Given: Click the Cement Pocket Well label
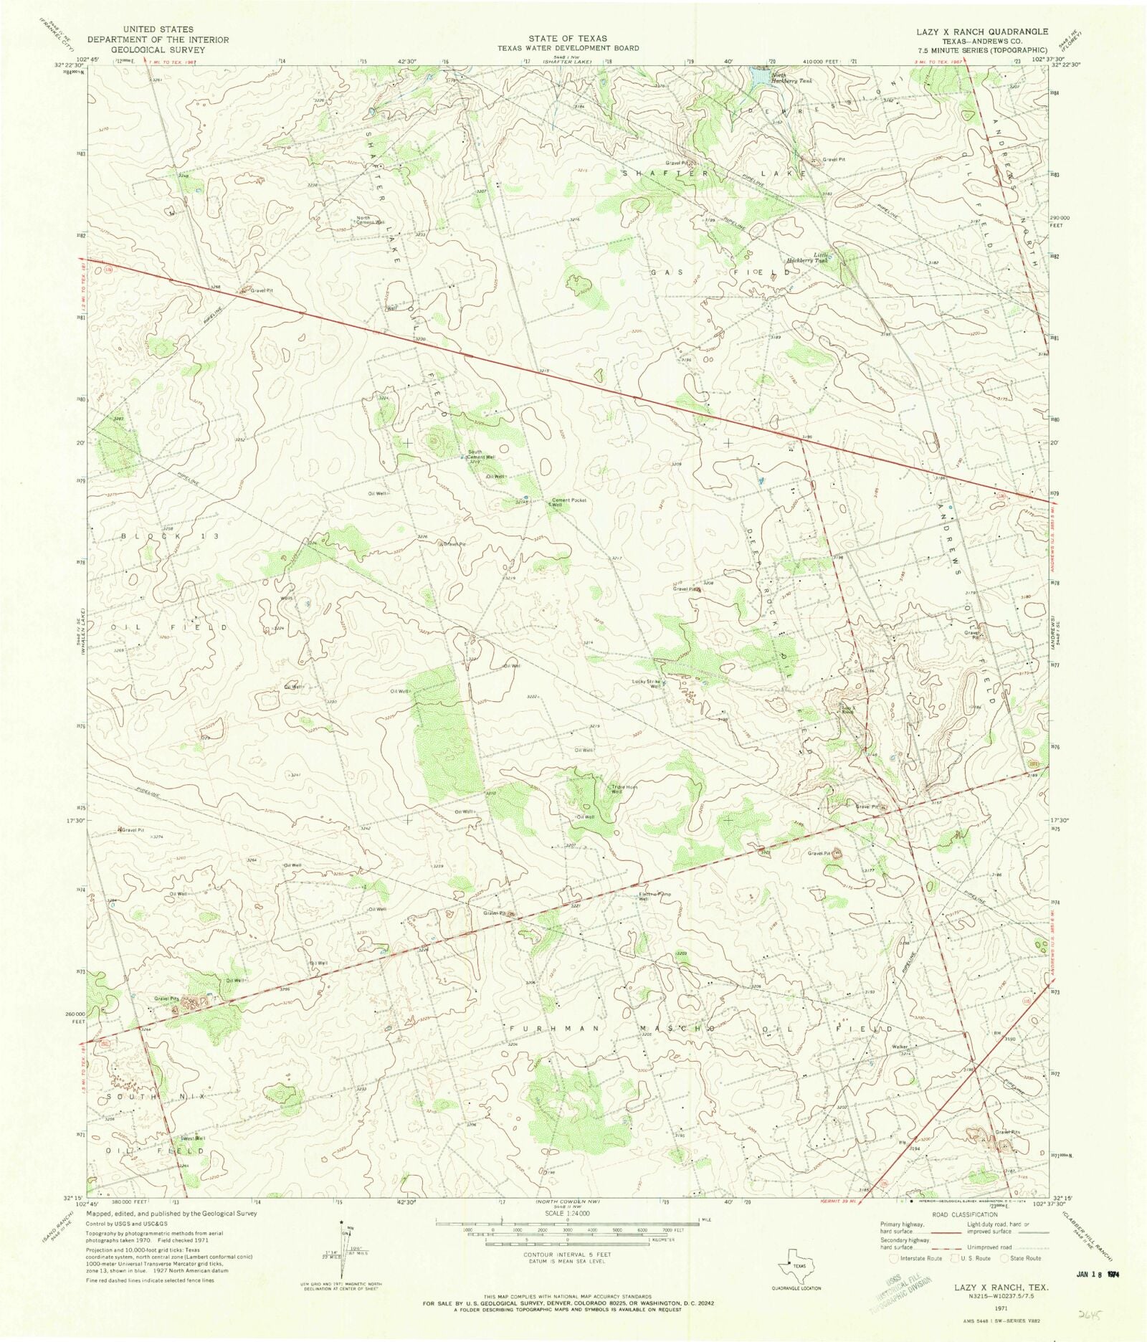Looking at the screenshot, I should coord(568,503).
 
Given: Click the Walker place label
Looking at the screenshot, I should coord(900,1047).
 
